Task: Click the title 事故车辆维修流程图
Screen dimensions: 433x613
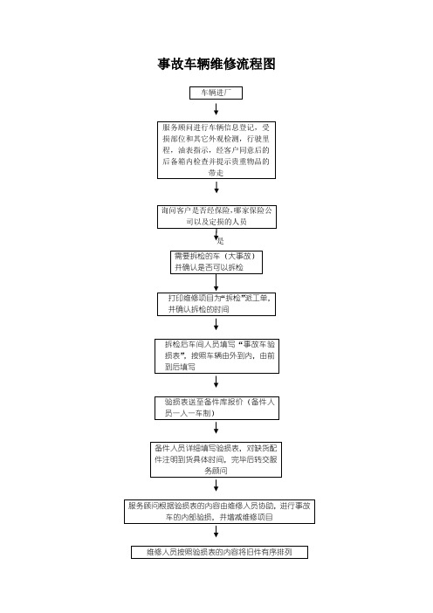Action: (216, 64)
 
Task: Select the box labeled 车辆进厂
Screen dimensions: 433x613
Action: (216, 93)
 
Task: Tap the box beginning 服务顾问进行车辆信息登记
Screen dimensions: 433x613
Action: (216, 150)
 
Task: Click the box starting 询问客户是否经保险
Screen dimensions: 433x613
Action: (216, 217)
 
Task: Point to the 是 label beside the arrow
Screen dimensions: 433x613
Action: (221, 240)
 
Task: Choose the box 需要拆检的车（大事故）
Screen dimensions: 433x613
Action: (216, 262)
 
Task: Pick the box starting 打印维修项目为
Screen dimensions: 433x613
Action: (216, 304)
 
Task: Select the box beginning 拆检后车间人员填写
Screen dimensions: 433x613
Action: (216, 356)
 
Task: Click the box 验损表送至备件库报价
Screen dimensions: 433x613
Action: (216, 408)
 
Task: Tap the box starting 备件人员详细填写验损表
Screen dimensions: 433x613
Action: (216, 459)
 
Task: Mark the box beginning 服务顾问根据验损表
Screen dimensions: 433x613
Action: (220, 512)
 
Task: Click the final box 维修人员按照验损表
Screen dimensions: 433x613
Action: (220, 553)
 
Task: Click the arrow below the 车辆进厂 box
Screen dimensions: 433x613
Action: (216, 109)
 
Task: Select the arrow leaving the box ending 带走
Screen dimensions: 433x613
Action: (216, 187)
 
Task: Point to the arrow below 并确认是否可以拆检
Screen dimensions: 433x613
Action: (216, 282)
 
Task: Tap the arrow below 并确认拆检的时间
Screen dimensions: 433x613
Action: (216, 325)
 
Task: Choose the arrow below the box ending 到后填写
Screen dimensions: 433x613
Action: (216, 382)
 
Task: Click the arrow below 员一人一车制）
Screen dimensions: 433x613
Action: (216, 428)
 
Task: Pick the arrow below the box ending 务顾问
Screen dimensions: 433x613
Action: (216, 486)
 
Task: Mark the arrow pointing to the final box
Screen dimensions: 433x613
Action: (216, 532)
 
